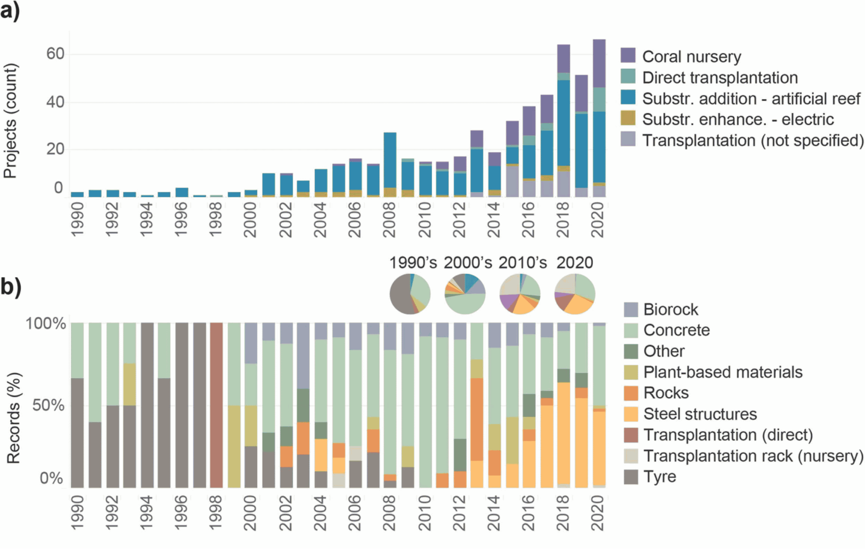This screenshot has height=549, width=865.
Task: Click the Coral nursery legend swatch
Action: pyautogui.click(x=628, y=55)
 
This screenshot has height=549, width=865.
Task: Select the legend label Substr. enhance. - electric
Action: pyautogui.click(x=738, y=119)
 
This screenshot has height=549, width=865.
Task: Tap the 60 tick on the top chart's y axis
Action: pyautogui.click(x=55, y=54)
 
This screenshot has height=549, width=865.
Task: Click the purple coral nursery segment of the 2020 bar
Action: pyautogui.click(x=599, y=63)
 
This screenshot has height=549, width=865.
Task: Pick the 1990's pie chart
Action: pyautogui.click(x=410, y=294)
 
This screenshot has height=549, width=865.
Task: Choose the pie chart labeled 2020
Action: pyautogui.click(x=574, y=294)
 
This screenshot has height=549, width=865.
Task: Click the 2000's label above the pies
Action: pyautogui.click(x=468, y=263)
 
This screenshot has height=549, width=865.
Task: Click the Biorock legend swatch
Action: pyautogui.click(x=631, y=309)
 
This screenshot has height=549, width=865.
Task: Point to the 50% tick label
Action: pyautogui.click(x=48, y=405)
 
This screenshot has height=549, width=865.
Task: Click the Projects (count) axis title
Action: pyautogui.click(x=10, y=121)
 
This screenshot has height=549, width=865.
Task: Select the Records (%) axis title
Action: pyautogui.click(x=14, y=418)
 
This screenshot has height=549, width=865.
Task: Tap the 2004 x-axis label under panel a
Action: pyautogui.click(x=320, y=219)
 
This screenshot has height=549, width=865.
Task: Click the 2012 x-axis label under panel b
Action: pyautogui.click(x=459, y=513)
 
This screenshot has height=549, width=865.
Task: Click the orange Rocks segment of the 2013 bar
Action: pyautogui.click(x=477, y=419)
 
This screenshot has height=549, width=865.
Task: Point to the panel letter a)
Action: pyautogui.click(x=10, y=10)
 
